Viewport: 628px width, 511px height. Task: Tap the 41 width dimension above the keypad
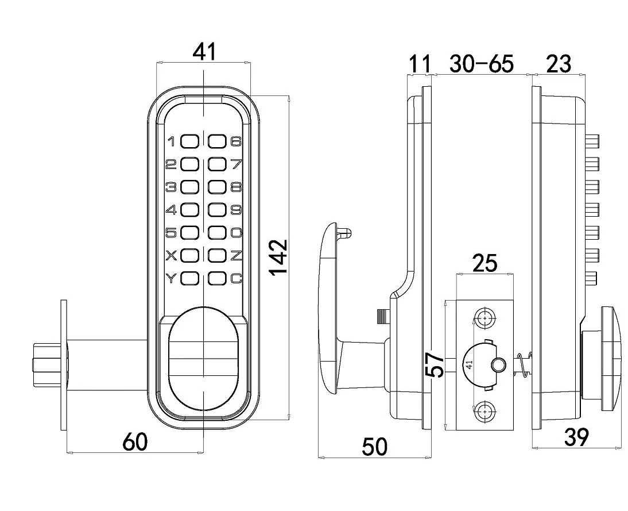click(204, 52)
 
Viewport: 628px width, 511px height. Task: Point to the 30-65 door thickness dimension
click(482, 64)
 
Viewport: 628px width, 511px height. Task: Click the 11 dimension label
click(418, 64)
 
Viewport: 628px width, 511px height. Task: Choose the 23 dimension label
click(559, 64)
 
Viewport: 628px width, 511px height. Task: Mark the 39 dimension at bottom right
click(576, 438)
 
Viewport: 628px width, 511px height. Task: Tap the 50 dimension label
click(375, 446)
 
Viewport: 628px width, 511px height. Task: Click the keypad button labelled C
click(217, 279)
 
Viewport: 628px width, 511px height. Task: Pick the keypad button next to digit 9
click(217, 210)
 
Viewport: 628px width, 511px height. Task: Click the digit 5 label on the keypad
click(171, 233)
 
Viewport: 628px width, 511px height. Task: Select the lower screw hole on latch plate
click(485, 412)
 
